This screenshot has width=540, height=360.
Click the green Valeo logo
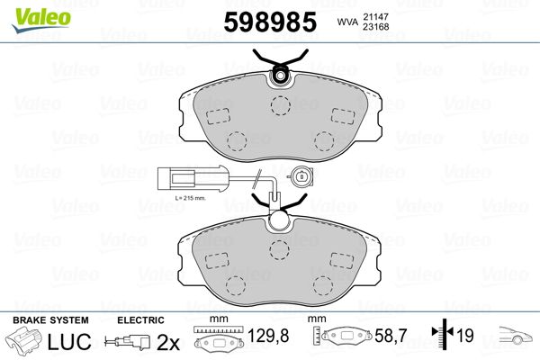tap(41, 20)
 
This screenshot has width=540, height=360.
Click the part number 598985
tap(270, 22)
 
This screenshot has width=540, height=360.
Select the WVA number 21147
tap(375, 16)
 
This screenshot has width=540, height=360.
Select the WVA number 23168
tap(375, 26)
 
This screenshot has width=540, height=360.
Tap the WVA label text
tap(347, 22)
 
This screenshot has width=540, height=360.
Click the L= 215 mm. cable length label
tap(190, 198)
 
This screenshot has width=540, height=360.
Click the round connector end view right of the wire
tap(301, 176)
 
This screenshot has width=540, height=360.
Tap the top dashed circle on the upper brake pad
tap(280, 105)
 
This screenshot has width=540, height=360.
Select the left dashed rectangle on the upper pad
tap(218, 116)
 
